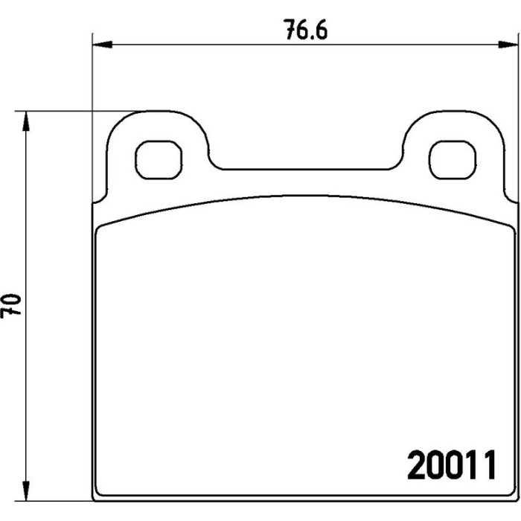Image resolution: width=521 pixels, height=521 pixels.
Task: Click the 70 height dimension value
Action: click(x=10, y=305)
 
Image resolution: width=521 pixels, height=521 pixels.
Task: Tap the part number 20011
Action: click(x=453, y=465)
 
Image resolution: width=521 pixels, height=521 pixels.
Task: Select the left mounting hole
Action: click(x=159, y=160)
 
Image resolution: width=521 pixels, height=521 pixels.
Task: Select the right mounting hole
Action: click(x=453, y=160)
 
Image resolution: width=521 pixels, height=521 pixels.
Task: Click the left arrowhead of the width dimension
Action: click(x=103, y=45)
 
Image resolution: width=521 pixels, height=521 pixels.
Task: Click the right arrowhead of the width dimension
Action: click(x=508, y=45)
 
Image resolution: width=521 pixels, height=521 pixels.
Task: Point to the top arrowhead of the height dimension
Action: click(x=25, y=121)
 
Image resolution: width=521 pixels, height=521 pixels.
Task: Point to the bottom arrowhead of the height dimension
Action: click(x=25, y=490)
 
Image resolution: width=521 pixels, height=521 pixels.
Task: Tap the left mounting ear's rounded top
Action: click(x=157, y=112)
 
